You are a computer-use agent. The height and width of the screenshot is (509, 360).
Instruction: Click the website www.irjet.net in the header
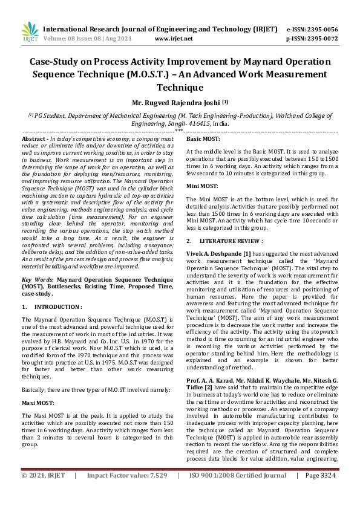(174, 38)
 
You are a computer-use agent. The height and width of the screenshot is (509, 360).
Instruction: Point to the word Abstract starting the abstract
(35, 138)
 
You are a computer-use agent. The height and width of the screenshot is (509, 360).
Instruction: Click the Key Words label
(37, 280)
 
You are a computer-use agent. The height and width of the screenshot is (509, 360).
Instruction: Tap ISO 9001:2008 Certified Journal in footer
(237, 493)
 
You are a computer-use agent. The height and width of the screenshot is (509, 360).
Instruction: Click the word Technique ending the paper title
(180, 88)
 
